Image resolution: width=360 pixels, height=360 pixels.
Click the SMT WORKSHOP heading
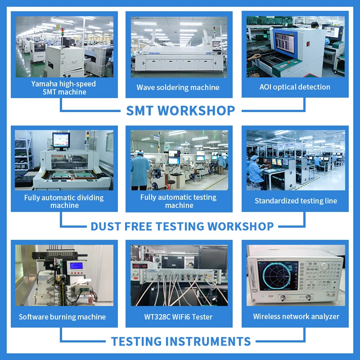[180, 110]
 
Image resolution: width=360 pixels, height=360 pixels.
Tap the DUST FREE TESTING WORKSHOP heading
[182, 226]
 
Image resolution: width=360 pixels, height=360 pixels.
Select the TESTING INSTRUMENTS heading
[181, 341]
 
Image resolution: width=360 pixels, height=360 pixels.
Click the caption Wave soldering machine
[178, 87]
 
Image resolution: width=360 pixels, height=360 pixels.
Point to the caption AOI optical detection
[295, 87]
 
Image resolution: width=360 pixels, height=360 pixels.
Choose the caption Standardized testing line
[296, 201]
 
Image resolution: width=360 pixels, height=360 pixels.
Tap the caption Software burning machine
[62, 317]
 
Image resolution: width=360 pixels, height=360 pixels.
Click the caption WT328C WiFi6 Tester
[178, 317]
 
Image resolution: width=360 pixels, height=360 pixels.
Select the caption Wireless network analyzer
[296, 317]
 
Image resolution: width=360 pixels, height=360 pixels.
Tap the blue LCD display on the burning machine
[76, 265]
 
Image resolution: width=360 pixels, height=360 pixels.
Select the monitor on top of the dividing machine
[61, 140]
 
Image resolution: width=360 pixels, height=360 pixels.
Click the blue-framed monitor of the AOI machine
[285, 43]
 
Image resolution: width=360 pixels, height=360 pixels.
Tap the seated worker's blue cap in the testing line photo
[254, 157]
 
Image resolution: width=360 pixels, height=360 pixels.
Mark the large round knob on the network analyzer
[324, 266]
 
